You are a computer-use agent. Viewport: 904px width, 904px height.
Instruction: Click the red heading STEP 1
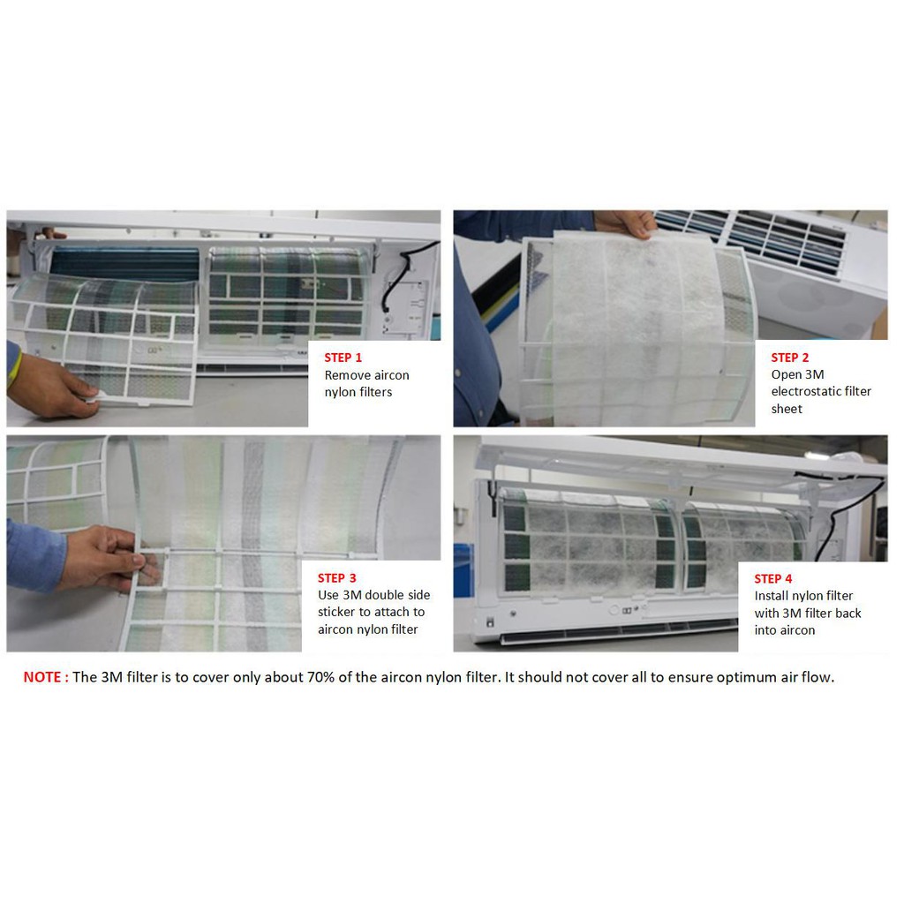(343, 358)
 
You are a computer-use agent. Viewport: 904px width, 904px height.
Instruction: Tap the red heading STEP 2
(790, 358)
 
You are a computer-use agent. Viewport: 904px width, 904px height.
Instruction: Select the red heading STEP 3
(336, 577)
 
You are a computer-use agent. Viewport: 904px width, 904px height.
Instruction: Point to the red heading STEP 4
(773, 578)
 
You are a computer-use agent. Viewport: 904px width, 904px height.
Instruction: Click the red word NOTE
(42, 677)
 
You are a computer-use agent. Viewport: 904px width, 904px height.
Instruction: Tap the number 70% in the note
(320, 677)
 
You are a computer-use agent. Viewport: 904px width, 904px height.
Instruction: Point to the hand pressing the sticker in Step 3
(104, 558)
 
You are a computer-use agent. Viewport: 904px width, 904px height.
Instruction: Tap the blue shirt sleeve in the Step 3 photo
(34, 554)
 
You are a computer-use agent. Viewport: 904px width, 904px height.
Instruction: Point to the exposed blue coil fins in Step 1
(124, 264)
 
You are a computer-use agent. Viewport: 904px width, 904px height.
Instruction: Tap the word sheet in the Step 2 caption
(787, 409)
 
